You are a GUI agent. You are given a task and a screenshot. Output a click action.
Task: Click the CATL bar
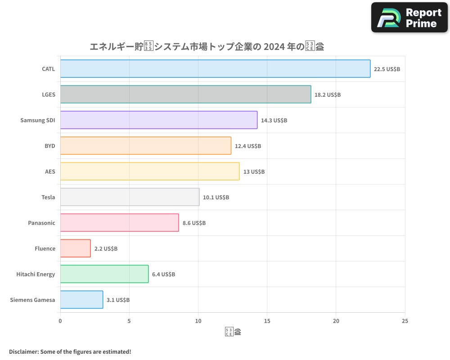[215, 69]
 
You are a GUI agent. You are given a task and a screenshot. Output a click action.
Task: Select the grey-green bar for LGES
[185, 94]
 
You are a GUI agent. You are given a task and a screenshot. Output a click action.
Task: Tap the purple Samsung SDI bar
[158, 120]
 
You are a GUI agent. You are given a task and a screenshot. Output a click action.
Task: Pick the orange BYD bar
[145, 146]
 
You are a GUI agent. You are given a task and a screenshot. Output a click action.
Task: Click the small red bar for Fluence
[75, 248]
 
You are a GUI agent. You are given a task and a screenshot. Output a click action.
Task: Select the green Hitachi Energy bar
[104, 274]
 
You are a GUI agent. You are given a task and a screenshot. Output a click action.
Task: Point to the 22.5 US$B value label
[387, 69]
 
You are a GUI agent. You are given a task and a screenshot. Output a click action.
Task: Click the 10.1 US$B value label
[216, 198]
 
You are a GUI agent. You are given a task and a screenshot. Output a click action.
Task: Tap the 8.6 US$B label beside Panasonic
[194, 223]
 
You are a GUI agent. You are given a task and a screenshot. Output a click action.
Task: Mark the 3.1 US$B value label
[118, 300]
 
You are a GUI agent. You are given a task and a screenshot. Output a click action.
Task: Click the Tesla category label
[48, 198]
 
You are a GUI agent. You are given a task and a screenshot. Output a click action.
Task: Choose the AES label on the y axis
[50, 172]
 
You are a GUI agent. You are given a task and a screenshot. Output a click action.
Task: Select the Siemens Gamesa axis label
[32, 300]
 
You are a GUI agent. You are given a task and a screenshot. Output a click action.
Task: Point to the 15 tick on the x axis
[267, 321]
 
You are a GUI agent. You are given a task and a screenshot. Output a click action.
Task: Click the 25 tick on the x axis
[405, 321]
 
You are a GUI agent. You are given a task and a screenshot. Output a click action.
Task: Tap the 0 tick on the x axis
[60, 321]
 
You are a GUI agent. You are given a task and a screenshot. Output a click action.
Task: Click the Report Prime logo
[409, 18]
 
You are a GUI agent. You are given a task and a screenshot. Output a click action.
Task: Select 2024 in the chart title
[274, 46]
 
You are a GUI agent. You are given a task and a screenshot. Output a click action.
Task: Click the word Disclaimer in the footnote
[23, 352]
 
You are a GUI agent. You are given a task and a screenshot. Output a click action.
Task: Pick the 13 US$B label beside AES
[254, 172]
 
